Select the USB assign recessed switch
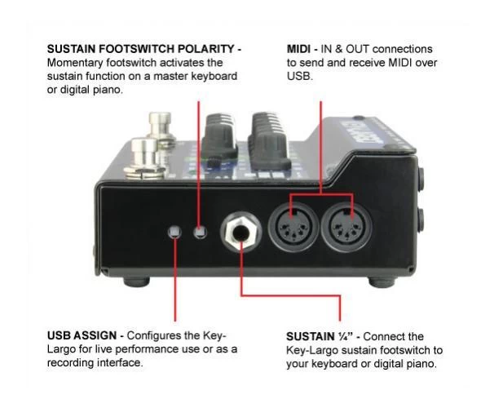(x=173, y=233)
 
